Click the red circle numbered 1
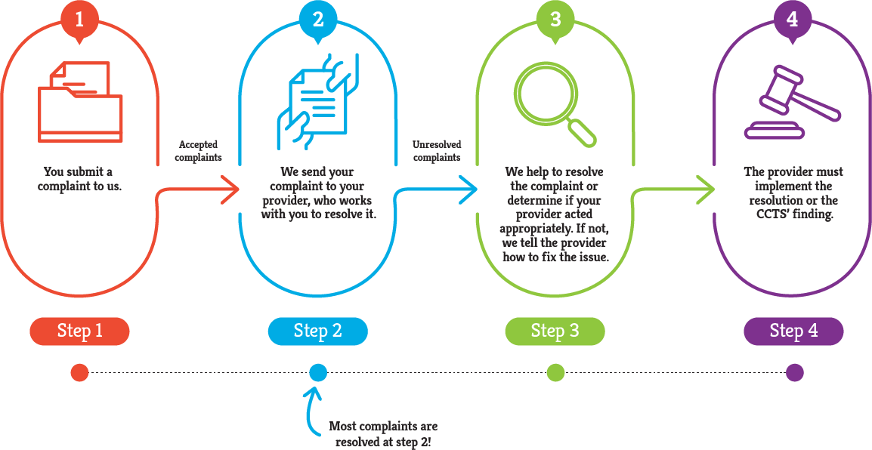click(x=80, y=18)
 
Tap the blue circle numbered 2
click(x=318, y=18)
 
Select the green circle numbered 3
click(x=555, y=18)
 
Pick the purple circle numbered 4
click(x=793, y=18)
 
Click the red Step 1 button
click(x=79, y=331)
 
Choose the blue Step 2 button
click(x=317, y=331)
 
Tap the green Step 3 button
click(x=555, y=331)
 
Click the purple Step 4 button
click(x=793, y=331)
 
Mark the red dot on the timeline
click(x=79, y=372)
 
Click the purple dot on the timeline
click(x=793, y=372)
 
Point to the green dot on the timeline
click(x=555, y=372)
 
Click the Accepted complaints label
click(x=199, y=151)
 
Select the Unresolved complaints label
click(x=437, y=151)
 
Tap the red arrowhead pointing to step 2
click(x=230, y=189)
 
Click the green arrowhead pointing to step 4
click(x=705, y=189)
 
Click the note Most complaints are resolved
click(x=383, y=434)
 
